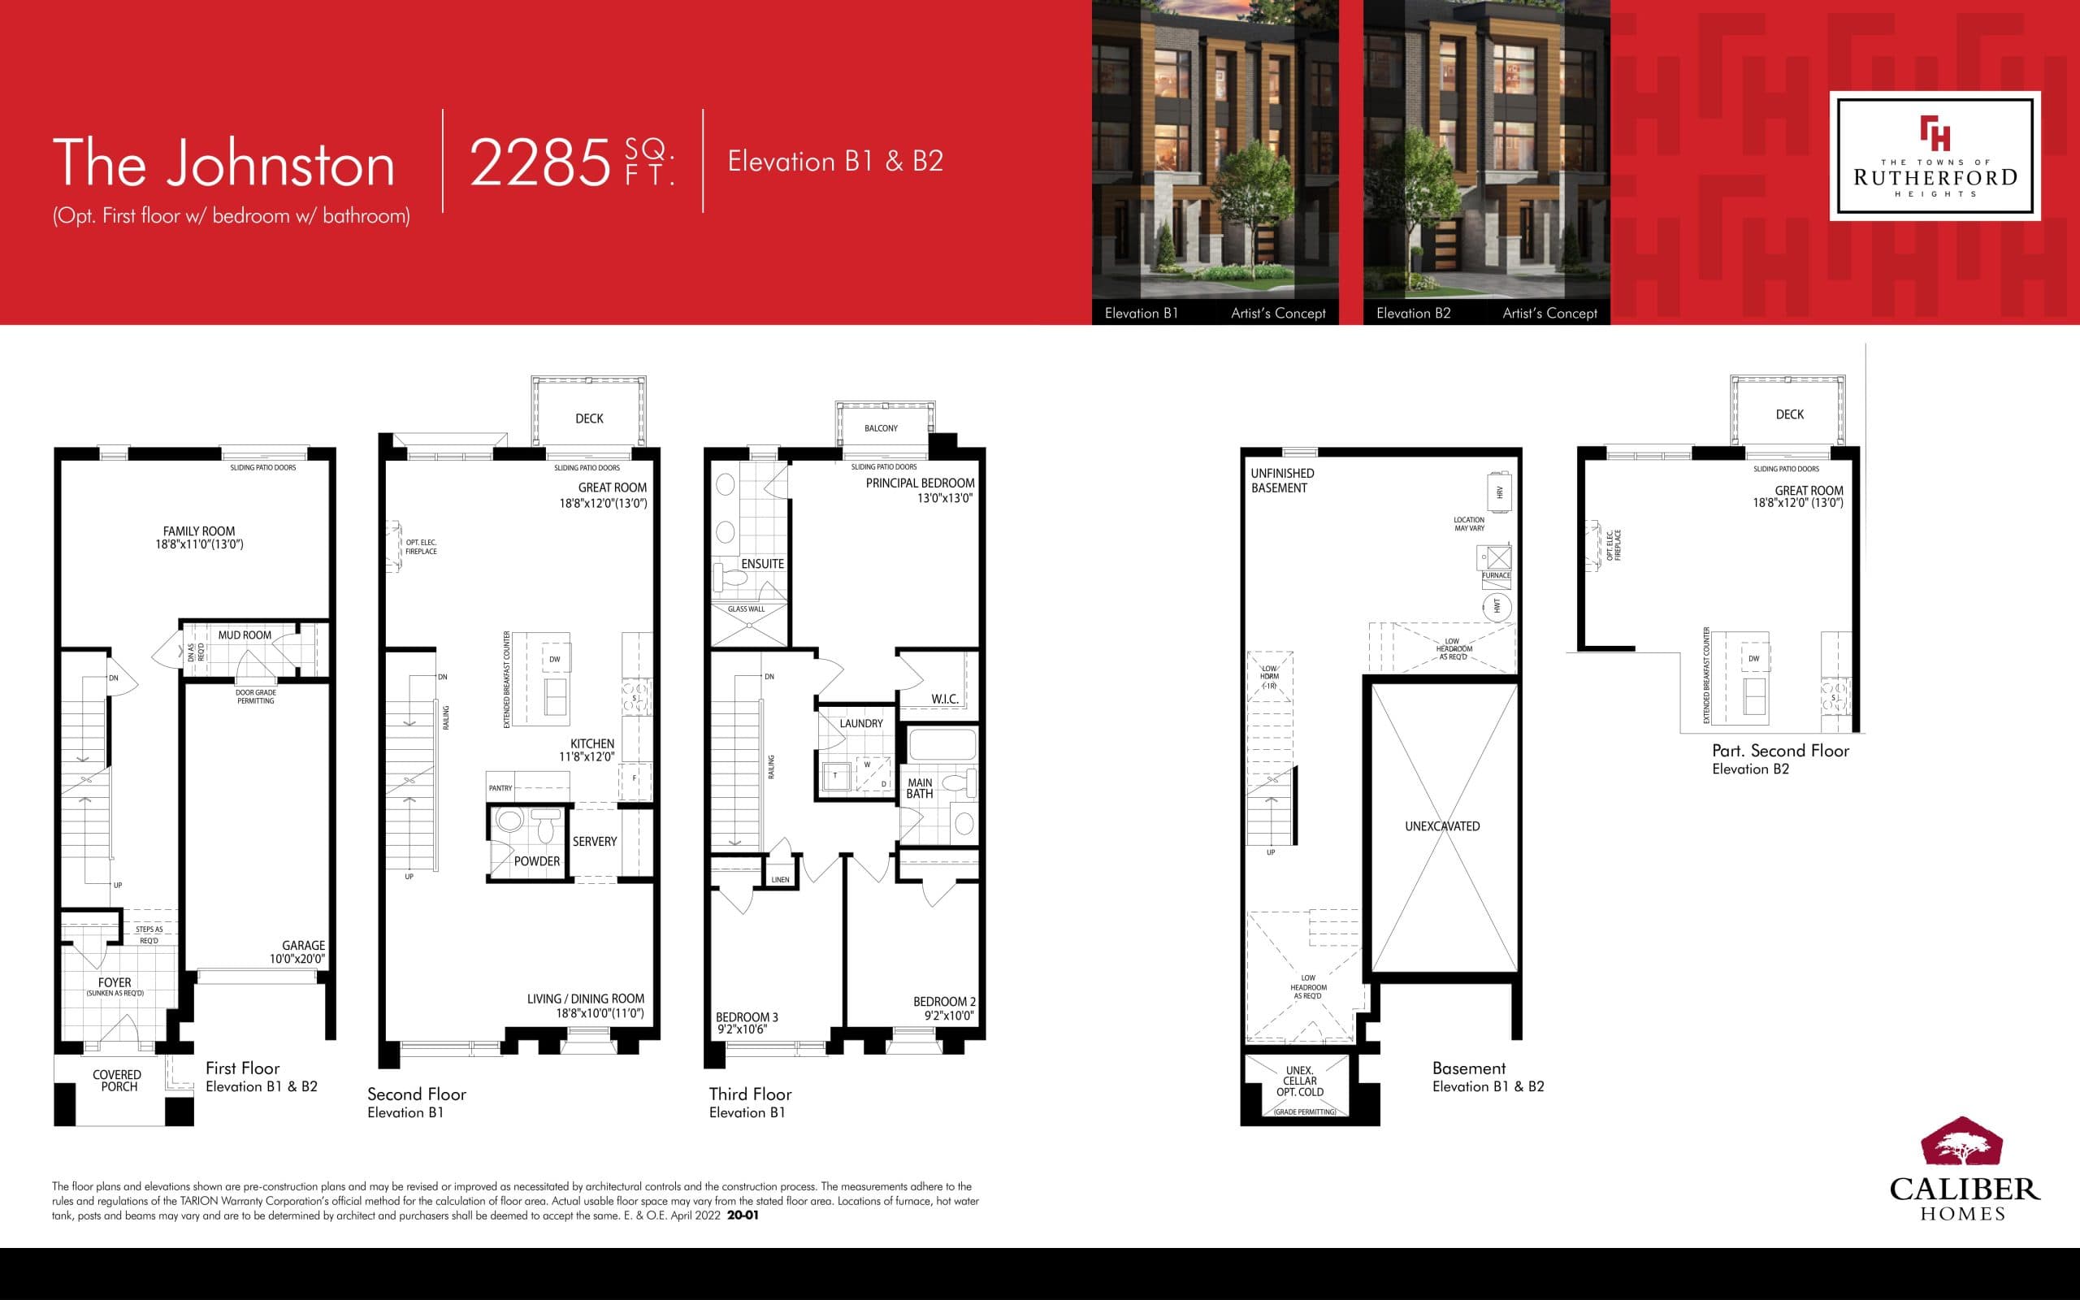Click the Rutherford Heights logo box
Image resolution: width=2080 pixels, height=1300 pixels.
coord(1934,156)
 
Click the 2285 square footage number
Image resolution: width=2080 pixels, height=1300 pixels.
coord(539,162)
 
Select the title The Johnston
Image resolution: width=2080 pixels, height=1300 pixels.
coord(223,162)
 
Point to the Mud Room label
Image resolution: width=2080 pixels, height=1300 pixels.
coord(244,635)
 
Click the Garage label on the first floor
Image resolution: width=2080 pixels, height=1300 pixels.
coord(303,945)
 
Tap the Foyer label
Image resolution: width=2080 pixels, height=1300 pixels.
coord(115,981)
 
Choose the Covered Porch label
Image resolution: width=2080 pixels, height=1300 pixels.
coord(118,1081)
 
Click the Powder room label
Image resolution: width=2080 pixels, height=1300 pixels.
coord(536,860)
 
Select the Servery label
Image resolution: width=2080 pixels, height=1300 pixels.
coord(595,842)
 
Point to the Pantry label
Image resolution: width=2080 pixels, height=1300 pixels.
coord(500,787)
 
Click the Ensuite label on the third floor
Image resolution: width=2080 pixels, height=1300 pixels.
coord(762,564)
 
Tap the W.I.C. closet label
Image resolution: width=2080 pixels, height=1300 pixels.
coord(945,699)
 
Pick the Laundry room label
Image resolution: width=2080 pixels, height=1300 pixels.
coord(860,723)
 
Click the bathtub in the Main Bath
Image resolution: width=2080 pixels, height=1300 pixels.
coord(942,744)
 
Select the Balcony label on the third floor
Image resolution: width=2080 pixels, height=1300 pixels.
coord(881,428)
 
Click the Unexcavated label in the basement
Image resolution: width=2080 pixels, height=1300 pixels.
coord(1442,826)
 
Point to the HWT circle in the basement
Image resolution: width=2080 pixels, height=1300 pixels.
coord(1497,606)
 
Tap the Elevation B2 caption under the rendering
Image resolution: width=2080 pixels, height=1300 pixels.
coord(1413,313)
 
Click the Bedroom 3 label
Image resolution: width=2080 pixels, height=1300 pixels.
coord(746,1017)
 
